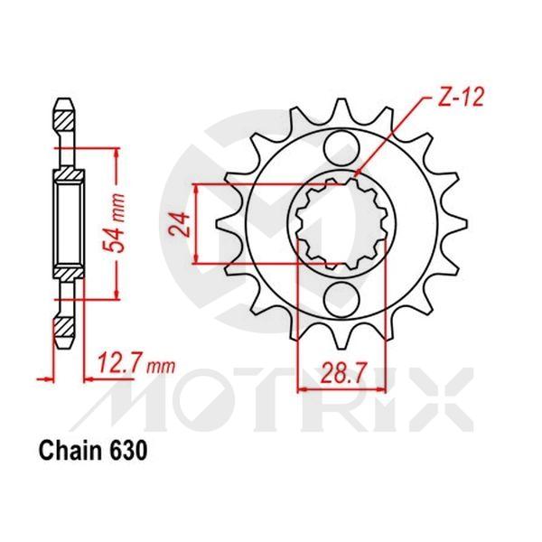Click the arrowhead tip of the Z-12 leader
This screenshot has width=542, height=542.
354,178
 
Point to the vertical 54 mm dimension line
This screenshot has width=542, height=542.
115,220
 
